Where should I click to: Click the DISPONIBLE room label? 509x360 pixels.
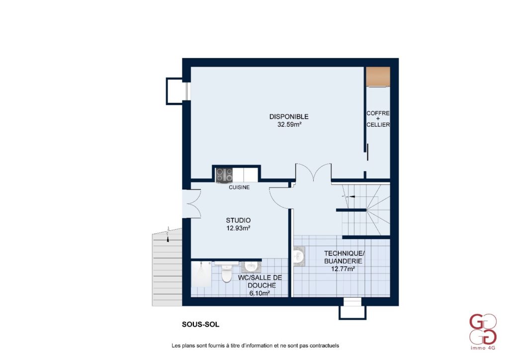[289, 116]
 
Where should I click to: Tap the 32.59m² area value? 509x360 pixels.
[290, 124]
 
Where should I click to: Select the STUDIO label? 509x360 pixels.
[238, 220]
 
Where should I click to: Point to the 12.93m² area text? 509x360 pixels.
[238, 228]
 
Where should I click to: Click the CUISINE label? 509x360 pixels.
[239, 187]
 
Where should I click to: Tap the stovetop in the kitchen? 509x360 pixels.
[224, 175]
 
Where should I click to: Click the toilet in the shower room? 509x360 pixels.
[226, 273]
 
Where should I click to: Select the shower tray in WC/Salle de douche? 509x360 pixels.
[201, 274]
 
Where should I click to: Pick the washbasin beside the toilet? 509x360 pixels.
[251, 267]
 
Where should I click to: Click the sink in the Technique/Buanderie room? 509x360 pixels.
[299, 256]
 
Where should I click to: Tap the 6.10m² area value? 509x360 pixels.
[259, 293]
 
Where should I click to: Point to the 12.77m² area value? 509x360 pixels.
[343, 269]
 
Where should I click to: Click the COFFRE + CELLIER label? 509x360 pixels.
[378, 119]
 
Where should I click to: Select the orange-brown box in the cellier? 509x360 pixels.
[378, 77]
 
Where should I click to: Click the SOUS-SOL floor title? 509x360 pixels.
[201, 324]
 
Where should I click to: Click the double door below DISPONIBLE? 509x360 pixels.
[313, 172]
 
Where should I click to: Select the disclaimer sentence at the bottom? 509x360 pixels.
[255, 346]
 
